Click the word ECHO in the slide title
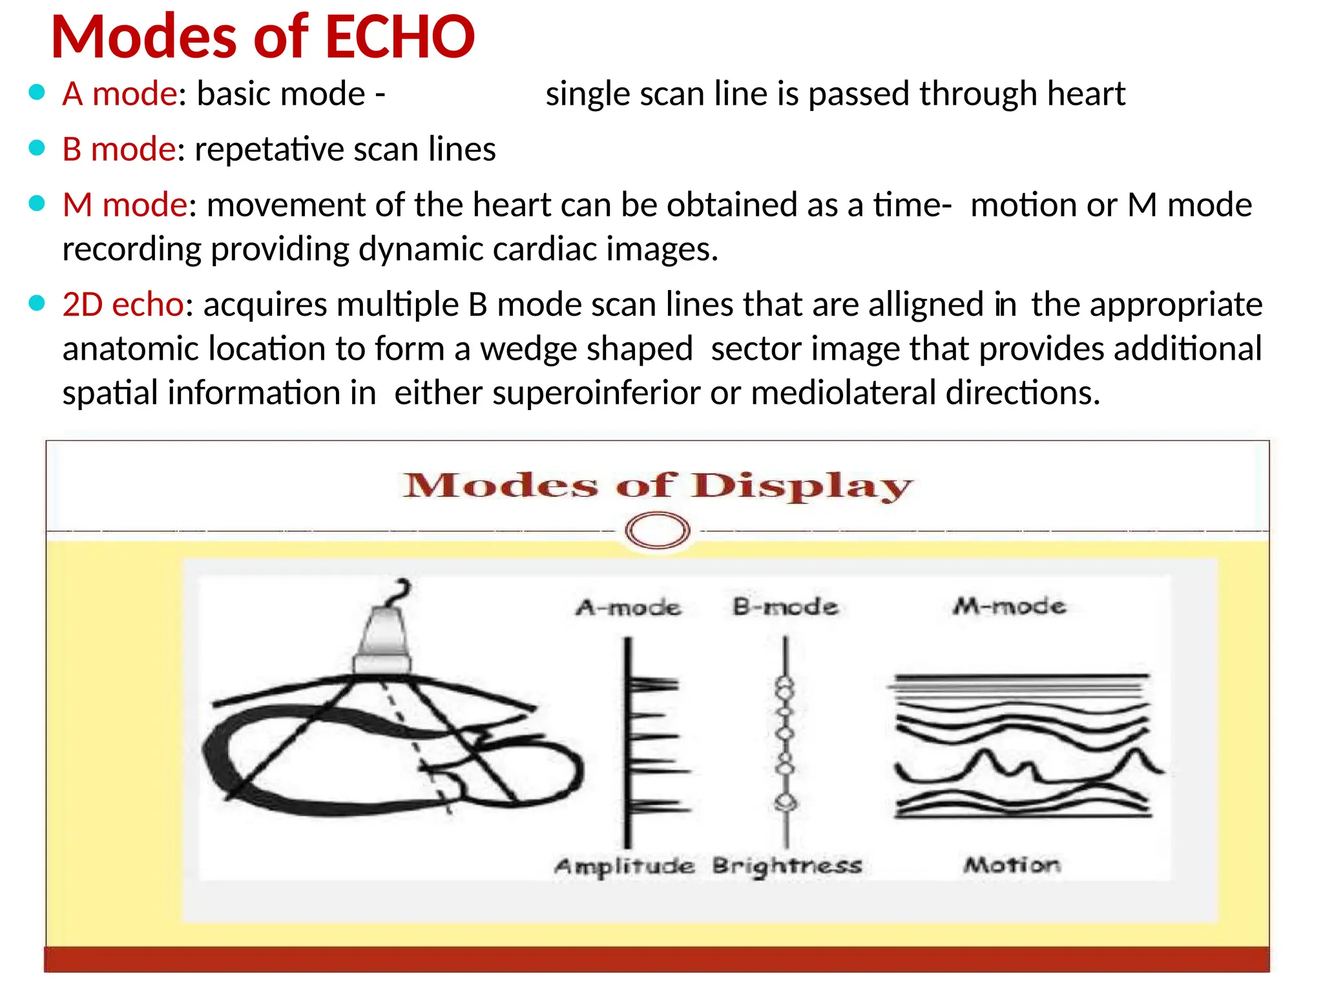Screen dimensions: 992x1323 [400, 37]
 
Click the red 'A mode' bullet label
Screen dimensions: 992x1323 [120, 94]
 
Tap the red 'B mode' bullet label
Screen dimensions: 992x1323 [119, 150]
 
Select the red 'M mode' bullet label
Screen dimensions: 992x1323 [125, 205]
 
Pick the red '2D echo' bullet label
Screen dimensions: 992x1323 [123, 305]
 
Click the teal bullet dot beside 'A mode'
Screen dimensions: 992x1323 [37, 92]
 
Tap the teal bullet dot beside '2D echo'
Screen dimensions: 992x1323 [37, 303]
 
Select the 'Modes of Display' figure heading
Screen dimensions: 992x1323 [657, 486]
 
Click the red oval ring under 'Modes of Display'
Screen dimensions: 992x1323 [658, 531]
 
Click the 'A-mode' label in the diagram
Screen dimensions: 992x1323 [629, 608]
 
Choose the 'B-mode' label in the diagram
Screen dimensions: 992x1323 [785, 607]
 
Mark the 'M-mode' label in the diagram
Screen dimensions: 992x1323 [1009, 606]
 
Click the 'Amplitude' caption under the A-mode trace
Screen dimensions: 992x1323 [624, 866]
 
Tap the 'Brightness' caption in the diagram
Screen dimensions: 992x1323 [787, 866]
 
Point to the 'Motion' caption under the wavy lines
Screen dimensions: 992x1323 [1012, 865]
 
